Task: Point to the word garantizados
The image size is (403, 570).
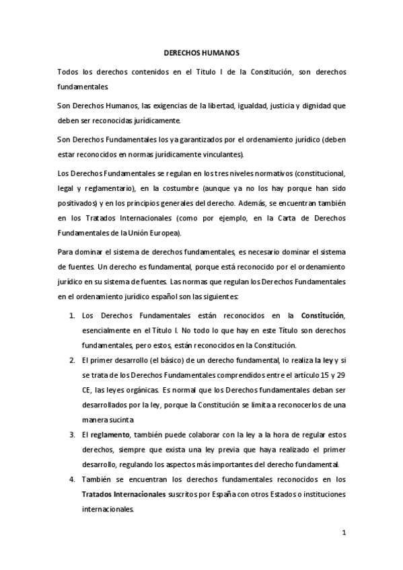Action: pyautogui.click(x=178, y=139)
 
